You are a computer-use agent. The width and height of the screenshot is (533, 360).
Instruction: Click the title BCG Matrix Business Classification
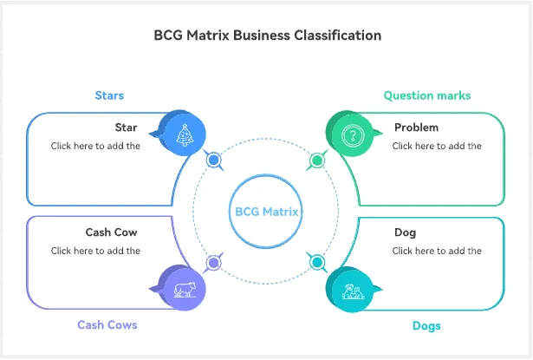267,36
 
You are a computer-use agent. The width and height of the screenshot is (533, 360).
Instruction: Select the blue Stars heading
109,95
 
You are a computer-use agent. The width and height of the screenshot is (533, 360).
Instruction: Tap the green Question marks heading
427,95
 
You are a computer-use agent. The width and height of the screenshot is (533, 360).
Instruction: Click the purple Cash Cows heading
107,324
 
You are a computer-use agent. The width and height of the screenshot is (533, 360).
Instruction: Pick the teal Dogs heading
426,325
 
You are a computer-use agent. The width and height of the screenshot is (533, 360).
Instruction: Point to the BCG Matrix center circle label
266,211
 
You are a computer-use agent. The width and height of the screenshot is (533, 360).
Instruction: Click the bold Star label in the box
127,128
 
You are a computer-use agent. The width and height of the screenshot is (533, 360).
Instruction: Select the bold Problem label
416,128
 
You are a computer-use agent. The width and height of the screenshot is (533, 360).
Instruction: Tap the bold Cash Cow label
111,232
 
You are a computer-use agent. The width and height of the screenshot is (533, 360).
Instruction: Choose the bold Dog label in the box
405,232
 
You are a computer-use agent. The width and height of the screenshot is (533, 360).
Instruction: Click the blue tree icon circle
184,135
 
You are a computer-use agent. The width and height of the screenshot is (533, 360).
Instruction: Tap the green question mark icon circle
352,135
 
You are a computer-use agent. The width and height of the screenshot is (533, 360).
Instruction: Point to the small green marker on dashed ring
317,160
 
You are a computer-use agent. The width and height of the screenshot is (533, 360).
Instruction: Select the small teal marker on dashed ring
317,262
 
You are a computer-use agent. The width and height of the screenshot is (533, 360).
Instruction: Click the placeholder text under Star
95,146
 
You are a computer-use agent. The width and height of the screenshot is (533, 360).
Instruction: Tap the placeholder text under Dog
437,251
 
